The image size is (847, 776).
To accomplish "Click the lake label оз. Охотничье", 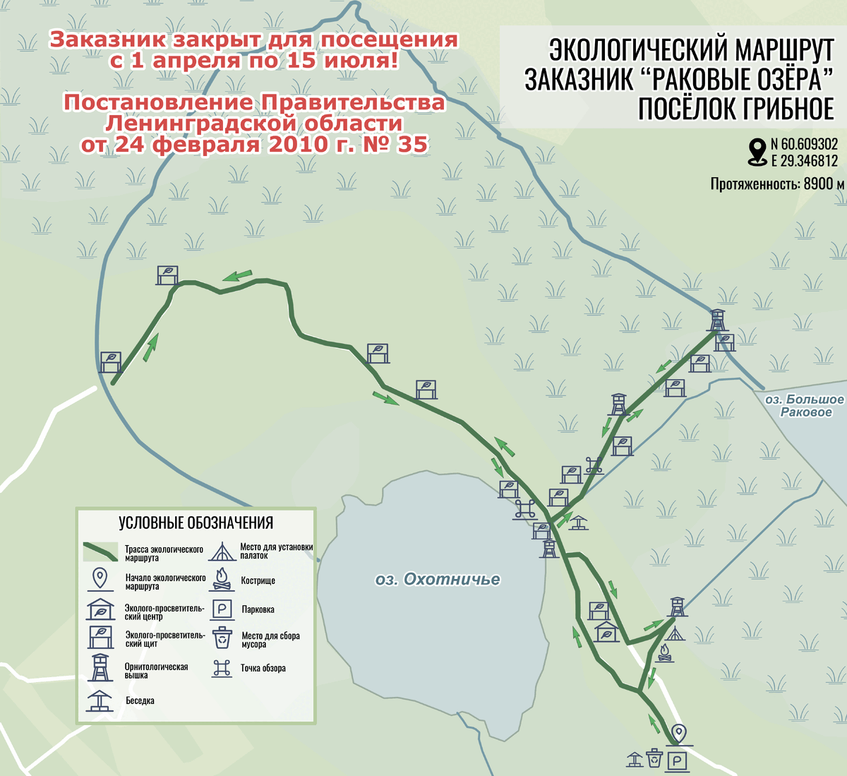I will (438, 580).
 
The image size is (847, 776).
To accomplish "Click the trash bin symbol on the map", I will (655, 758).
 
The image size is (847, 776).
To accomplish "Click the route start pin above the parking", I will (679, 733).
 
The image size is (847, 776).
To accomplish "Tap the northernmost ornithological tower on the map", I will (717, 319).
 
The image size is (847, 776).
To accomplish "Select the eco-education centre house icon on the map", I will (606, 631).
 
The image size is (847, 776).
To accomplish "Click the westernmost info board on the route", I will (110, 362).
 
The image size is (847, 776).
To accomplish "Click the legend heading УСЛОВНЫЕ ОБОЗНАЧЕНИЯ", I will (196, 523).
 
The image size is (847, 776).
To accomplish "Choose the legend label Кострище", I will (258, 580).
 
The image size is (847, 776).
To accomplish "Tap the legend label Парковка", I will (258, 609).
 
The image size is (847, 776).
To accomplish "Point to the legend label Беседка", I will (140, 700).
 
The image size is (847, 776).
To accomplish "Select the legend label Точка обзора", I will (263, 668).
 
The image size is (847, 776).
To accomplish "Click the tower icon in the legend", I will (100, 667).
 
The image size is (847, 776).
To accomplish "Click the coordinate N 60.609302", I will (804, 145).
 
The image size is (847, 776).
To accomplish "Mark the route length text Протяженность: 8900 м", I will (777, 184).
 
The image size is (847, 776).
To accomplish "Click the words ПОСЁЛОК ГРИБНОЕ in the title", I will (735, 109).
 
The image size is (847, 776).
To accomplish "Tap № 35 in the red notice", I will (402, 145).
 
